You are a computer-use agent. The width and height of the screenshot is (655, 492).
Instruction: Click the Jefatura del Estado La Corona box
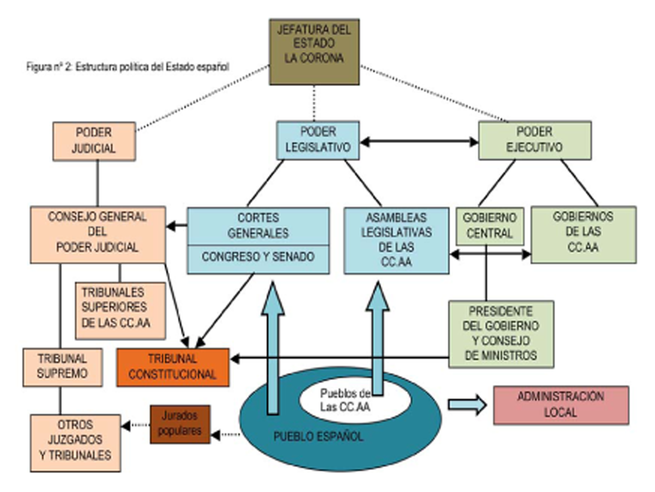[x=314, y=52]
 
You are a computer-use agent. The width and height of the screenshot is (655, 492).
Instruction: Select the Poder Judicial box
[x=94, y=141]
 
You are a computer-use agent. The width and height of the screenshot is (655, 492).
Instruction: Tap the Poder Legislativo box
[x=318, y=140]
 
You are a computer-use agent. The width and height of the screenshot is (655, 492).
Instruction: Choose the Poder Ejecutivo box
[x=534, y=140]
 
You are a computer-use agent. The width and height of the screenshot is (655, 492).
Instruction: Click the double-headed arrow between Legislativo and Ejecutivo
[x=419, y=142]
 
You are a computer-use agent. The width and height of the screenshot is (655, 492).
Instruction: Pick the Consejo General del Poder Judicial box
[x=98, y=234]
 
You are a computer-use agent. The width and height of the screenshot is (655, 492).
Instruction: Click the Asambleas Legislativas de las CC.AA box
[x=396, y=240]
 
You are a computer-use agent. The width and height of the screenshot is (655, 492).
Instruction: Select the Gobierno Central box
[x=489, y=226]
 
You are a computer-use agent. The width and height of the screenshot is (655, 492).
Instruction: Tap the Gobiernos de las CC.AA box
[x=583, y=234]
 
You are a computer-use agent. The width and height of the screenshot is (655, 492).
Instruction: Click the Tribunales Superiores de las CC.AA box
[x=120, y=310]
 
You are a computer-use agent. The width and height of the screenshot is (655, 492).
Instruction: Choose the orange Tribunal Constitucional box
[x=172, y=367]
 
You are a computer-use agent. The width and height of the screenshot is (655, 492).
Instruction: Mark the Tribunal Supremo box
[x=62, y=367]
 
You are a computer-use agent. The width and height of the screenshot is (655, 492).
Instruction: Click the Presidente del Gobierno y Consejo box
[x=501, y=334]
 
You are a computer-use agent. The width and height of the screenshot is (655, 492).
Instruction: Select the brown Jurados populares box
[x=180, y=424]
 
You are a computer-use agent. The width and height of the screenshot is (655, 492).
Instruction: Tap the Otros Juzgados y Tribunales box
[x=75, y=443]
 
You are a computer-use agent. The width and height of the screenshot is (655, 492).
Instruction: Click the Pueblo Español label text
[x=318, y=437]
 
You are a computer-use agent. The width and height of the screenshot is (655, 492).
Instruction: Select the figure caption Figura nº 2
[x=127, y=67]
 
